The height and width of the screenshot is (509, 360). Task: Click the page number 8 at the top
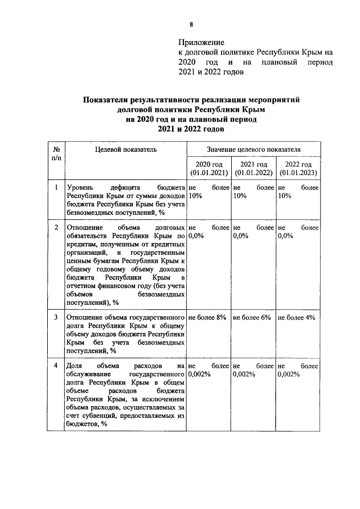point(191,24)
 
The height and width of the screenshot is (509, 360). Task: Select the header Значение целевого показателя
point(253,149)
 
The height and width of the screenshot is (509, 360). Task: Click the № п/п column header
point(56,154)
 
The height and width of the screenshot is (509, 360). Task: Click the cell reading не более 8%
point(208,317)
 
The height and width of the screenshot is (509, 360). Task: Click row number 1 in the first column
point(56,187)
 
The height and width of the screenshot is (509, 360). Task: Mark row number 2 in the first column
point(56,227)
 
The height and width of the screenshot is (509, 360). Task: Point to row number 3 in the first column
point(56,317)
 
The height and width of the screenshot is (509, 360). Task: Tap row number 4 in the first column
point(56,366)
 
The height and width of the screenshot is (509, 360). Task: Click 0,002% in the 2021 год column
point(246,374)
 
